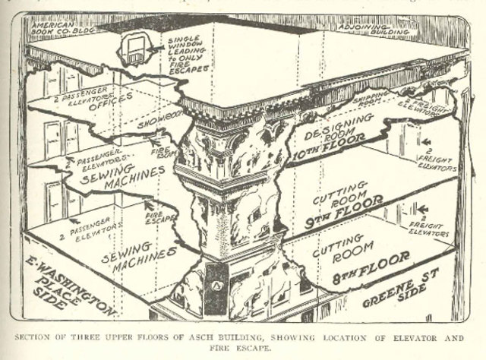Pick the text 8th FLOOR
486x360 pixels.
(x=370, y=268)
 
